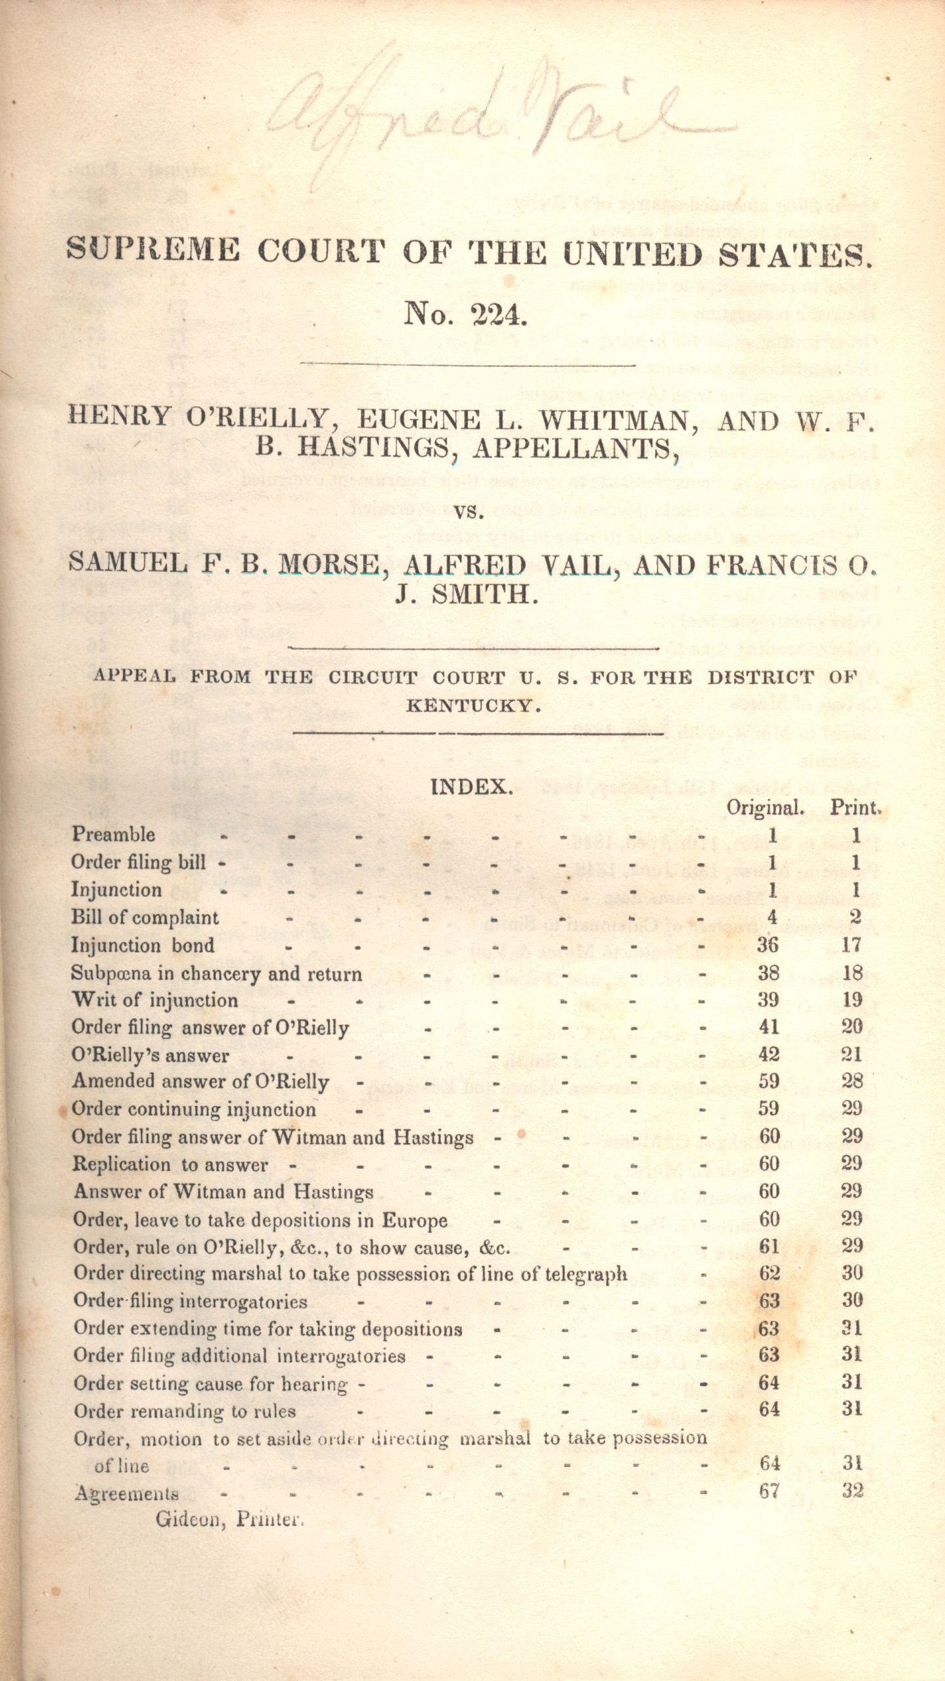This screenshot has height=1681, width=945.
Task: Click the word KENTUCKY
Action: pyautogui.click(x=473, y=706)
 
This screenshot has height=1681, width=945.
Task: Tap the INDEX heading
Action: pyautogui.click(x=471, y=786)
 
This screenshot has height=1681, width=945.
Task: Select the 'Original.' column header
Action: pyautogui.click(x=765, y=808)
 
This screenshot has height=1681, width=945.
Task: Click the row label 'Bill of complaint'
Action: pyautogui.click(x=145, y=917)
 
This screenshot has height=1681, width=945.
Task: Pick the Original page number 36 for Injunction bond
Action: pyautogui.click(x=768, y=945)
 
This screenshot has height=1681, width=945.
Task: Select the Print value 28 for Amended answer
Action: pyautogui.click(x=852, y=1082)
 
